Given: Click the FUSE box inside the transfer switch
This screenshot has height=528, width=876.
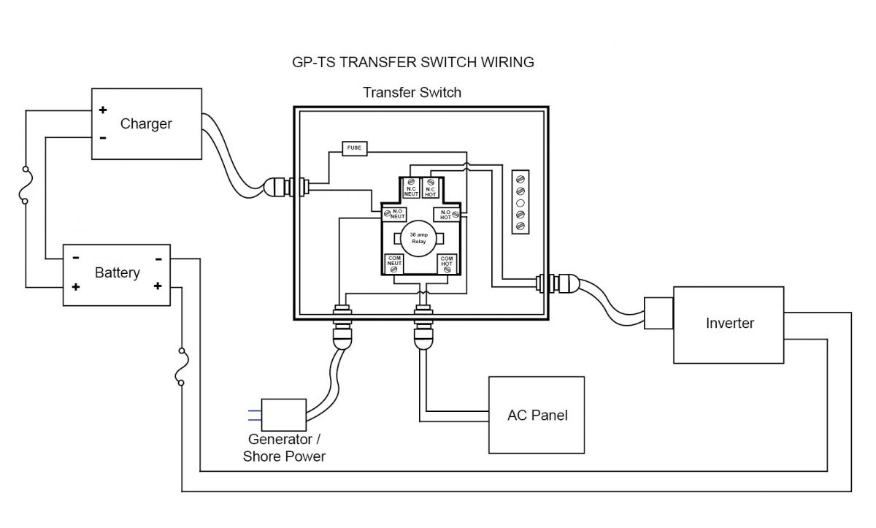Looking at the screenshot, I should pos(354,148).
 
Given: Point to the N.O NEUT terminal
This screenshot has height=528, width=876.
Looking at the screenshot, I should pos(395,214).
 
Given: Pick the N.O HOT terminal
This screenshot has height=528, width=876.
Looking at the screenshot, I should pos(447,214).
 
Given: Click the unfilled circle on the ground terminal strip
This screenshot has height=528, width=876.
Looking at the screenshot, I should pos(520,202).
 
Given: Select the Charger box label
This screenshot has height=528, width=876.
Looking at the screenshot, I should pos(146,123).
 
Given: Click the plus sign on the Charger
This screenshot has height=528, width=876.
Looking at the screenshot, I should pos(103,110).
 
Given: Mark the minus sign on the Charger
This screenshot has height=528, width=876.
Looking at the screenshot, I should pos(103,137).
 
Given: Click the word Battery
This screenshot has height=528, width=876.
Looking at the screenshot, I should pos(117,272).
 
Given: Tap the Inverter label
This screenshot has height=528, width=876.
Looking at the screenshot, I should pos(729,323).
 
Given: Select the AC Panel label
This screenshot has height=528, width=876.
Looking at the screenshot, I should pos(537,415).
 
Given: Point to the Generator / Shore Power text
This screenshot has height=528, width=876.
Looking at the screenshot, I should pos(284,448).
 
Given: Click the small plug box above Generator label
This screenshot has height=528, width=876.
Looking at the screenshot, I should pos(283,414).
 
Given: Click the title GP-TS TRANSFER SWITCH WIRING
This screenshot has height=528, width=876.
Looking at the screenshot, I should pos(412,62).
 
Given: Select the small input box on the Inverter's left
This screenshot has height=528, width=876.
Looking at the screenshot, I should pos(658,313).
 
